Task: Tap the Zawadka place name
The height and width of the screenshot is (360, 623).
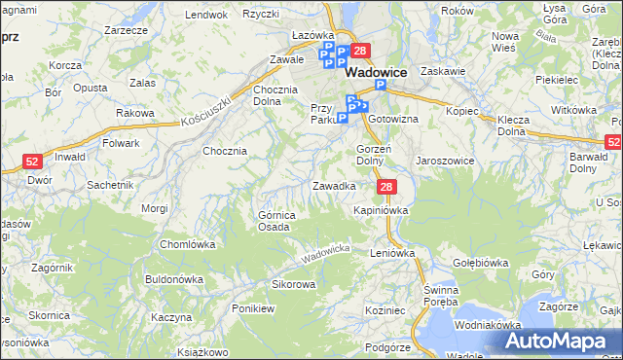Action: [333, 185]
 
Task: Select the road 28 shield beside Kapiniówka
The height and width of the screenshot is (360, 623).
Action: [386, 188]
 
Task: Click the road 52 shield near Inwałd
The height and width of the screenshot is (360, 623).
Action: [31, 163]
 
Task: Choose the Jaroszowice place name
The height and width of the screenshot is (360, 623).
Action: [445, 161]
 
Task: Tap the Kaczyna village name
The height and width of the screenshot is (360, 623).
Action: [172, 317]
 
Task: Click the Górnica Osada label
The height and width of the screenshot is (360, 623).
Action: [274, 221]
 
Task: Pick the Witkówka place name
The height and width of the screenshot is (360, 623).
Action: [573, 110]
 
